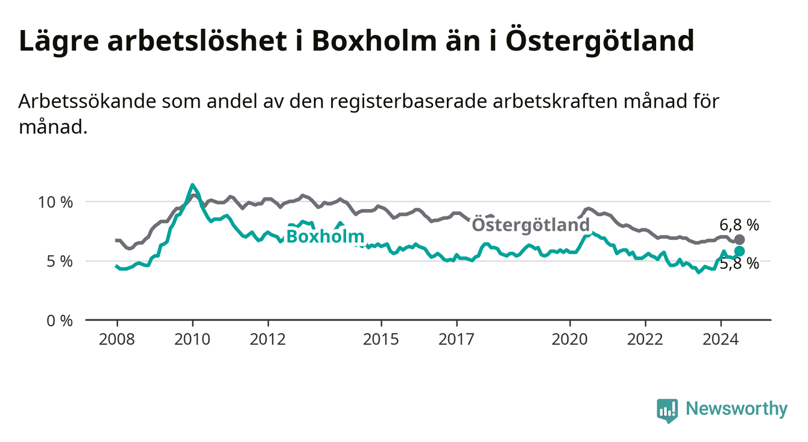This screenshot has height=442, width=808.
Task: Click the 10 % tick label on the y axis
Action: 55,202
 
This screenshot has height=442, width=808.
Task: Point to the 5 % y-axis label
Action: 60,262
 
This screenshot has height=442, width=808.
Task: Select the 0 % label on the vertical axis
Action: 60,321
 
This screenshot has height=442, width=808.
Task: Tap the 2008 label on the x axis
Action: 117,340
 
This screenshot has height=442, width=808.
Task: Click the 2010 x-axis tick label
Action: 192,340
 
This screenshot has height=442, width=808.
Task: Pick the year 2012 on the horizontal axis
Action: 268,340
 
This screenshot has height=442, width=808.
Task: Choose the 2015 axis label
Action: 381,340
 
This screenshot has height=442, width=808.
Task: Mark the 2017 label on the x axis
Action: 456,340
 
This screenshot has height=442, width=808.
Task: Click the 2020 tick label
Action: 570,340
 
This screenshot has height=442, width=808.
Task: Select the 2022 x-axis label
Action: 645,340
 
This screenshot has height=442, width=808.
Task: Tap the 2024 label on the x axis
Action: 721,340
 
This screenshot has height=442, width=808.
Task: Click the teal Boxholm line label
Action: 325,237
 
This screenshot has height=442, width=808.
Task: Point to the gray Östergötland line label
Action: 531,225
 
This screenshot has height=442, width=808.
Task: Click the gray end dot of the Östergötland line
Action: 739,240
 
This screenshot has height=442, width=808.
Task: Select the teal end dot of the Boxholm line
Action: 739,251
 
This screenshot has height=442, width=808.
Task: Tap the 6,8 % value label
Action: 739,225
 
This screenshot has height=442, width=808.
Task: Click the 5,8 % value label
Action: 739,264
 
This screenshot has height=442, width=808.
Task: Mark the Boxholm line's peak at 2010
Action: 192,185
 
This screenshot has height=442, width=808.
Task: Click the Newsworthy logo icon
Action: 667,410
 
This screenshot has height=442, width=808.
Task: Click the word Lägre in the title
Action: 59,42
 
